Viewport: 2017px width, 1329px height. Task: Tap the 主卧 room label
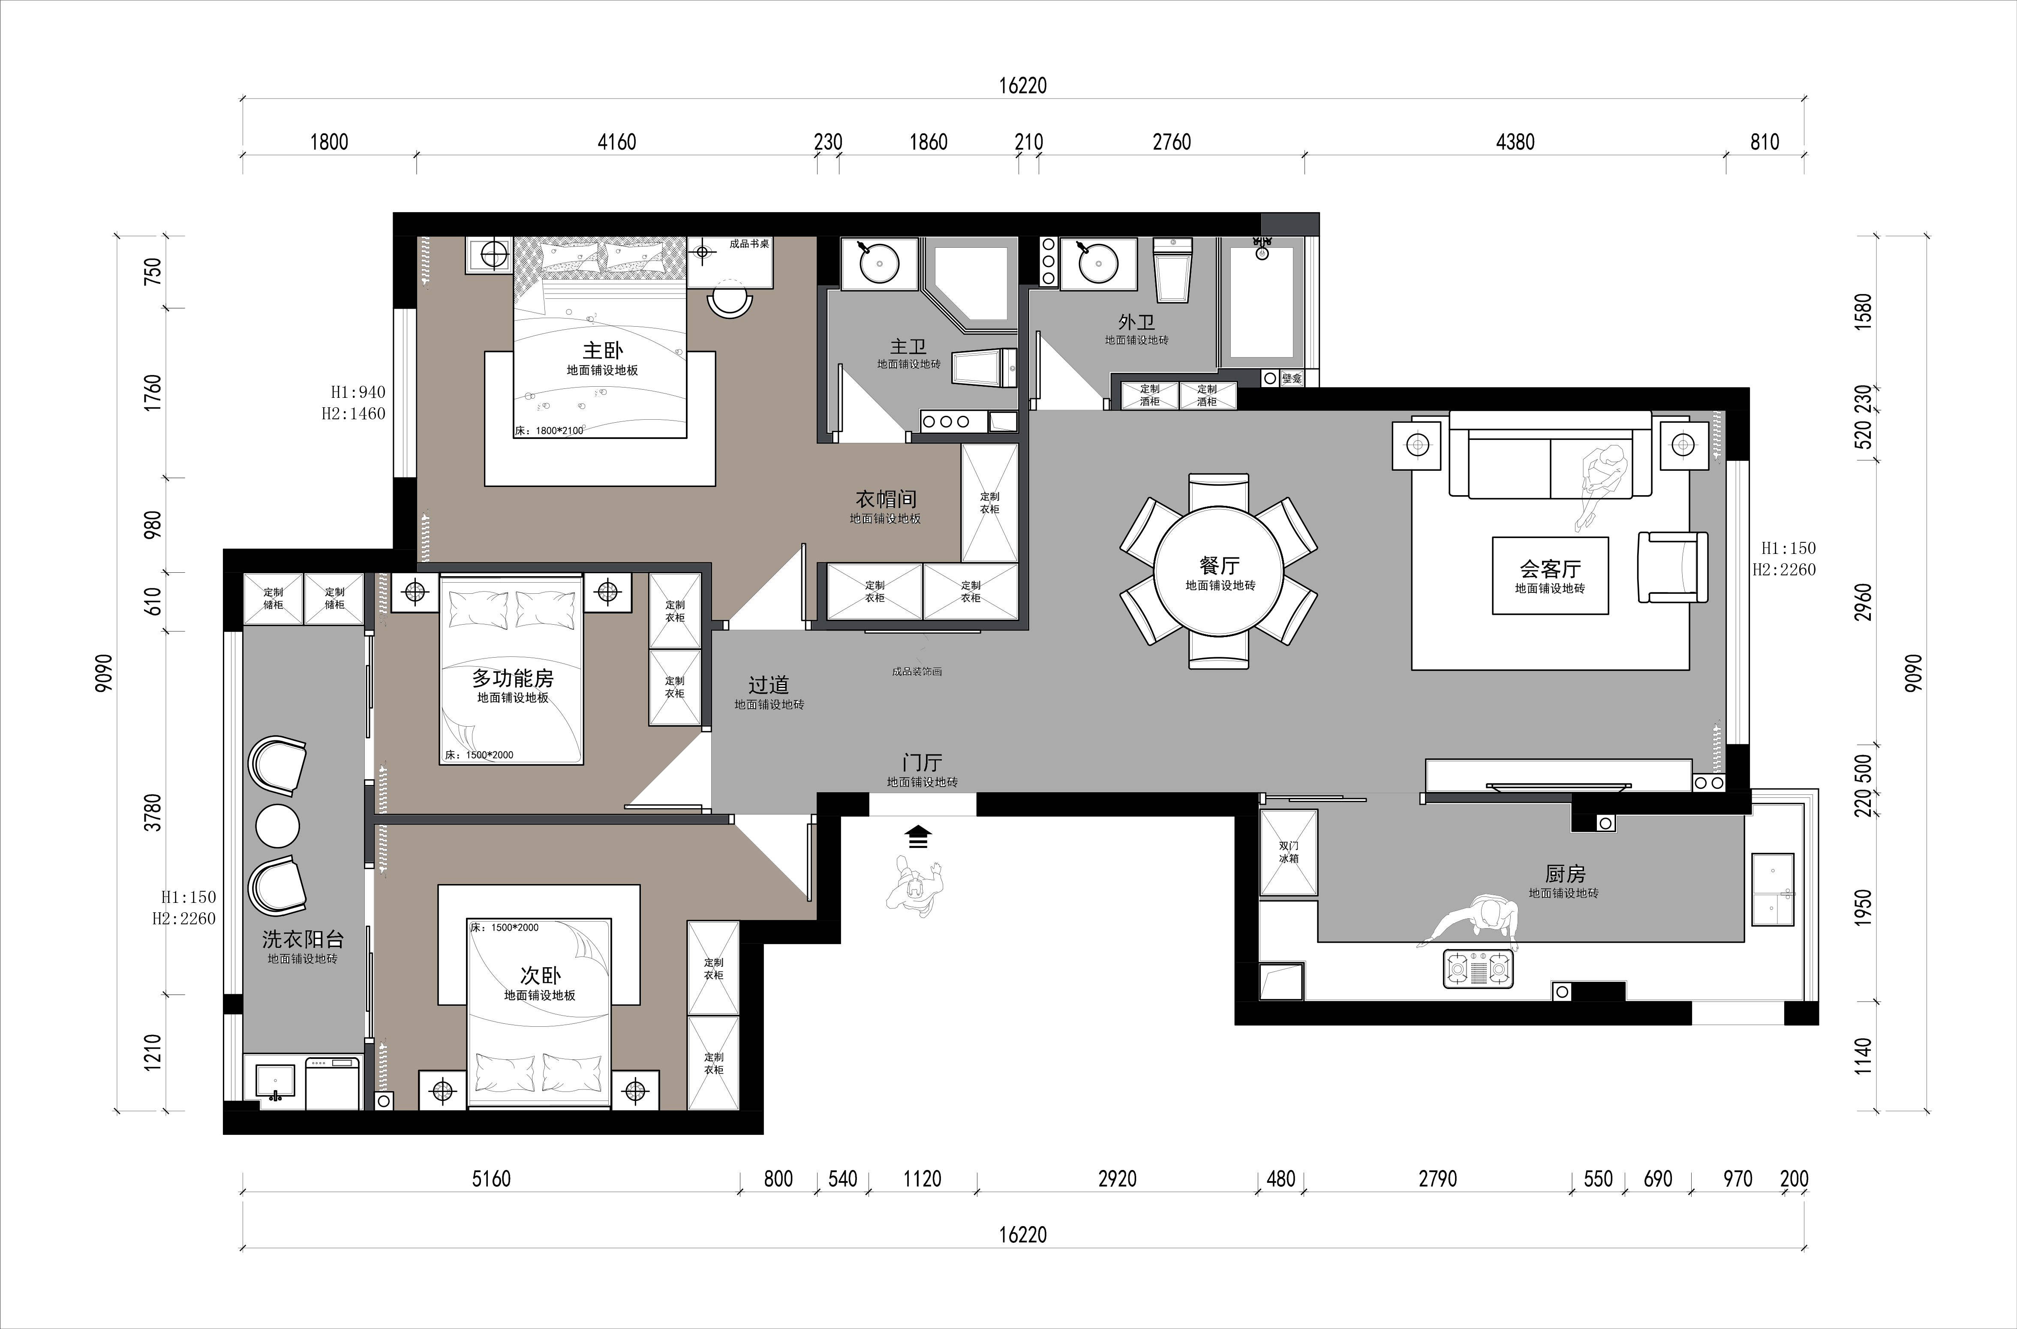[x=603, y=350]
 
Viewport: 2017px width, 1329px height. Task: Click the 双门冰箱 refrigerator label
[x=1288, y=852]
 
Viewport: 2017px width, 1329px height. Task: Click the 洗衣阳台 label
[x=303, y=939]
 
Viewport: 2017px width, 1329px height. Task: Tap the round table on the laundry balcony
[x=277, y=825]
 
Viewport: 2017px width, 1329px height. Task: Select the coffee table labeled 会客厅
[x=1550, y=574]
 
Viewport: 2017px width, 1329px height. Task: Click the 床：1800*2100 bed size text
[x=549, y=430]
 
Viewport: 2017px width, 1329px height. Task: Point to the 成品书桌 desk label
[x=749, y=244]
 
